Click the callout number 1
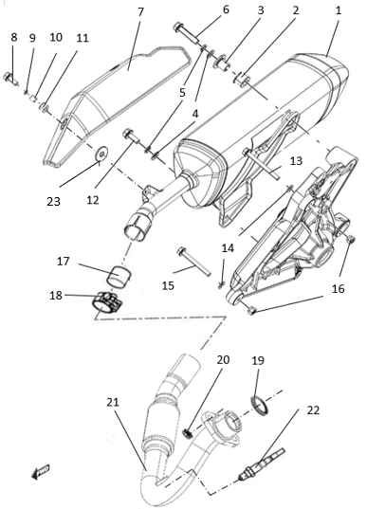pos(339,10)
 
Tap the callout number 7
pos(140,12)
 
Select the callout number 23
pos(54,201)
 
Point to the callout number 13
pos(296,161)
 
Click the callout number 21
pos(113,402)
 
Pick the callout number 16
pos(339,288)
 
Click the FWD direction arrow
pos(41,471)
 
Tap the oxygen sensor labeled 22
pos(262,464)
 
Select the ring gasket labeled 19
pos(260,405)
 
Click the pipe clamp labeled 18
pos(106,301)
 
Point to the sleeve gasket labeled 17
pos(119,276)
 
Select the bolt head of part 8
pos(8,78)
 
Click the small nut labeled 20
pos(187,433)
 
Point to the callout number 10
pos(56,37)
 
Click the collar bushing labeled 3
pos(221,63)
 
